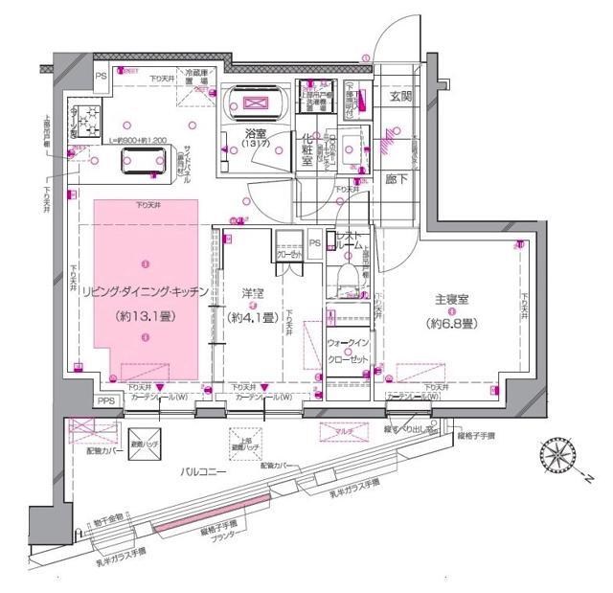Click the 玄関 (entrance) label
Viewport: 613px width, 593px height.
[x=400, y=98]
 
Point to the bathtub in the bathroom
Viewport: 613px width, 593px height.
[x=255, y=104]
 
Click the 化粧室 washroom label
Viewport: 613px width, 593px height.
[x=307, y=148]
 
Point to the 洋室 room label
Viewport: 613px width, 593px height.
[x=253, y=291]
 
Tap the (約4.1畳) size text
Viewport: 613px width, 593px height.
[x=253, y=317]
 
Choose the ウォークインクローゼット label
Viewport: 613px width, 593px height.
[x=348, y=350]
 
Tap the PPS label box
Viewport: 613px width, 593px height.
[x=106, y=401]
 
